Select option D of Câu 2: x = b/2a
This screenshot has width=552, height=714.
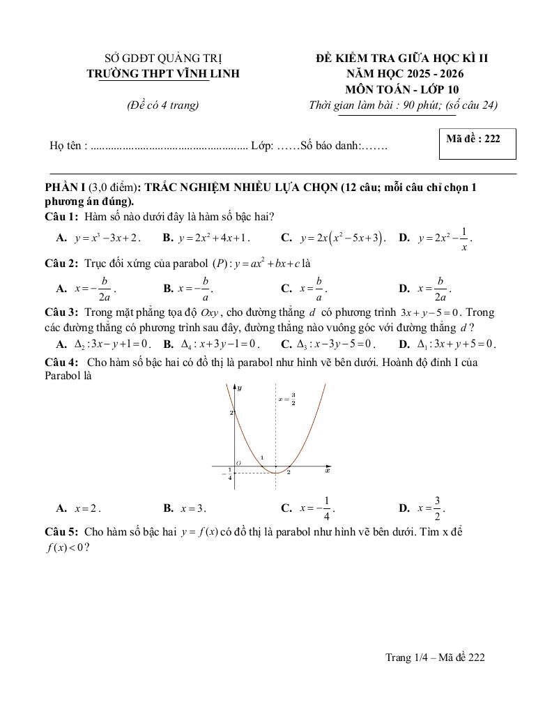[x=434, y=287]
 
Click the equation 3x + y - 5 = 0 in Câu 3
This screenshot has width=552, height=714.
[x=431, y=312]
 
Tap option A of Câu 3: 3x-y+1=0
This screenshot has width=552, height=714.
[x=112, y=344]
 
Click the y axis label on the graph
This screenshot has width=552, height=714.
[x=239, y=387]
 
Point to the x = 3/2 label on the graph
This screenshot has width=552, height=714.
[x=287, y=400]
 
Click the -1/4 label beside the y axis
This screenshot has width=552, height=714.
[x=227, y=473]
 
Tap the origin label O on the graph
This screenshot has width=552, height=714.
[x=238, y=462]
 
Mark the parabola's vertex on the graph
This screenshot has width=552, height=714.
[x=277, y=473]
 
